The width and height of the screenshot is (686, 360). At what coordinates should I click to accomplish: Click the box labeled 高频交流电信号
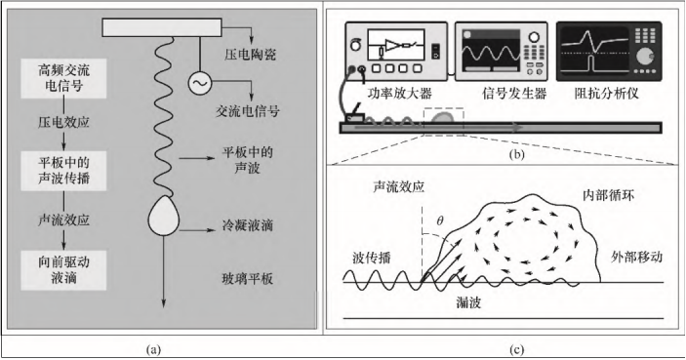tap(63, 77)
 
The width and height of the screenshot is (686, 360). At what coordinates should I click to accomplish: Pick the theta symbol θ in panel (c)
tap(439, 221)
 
